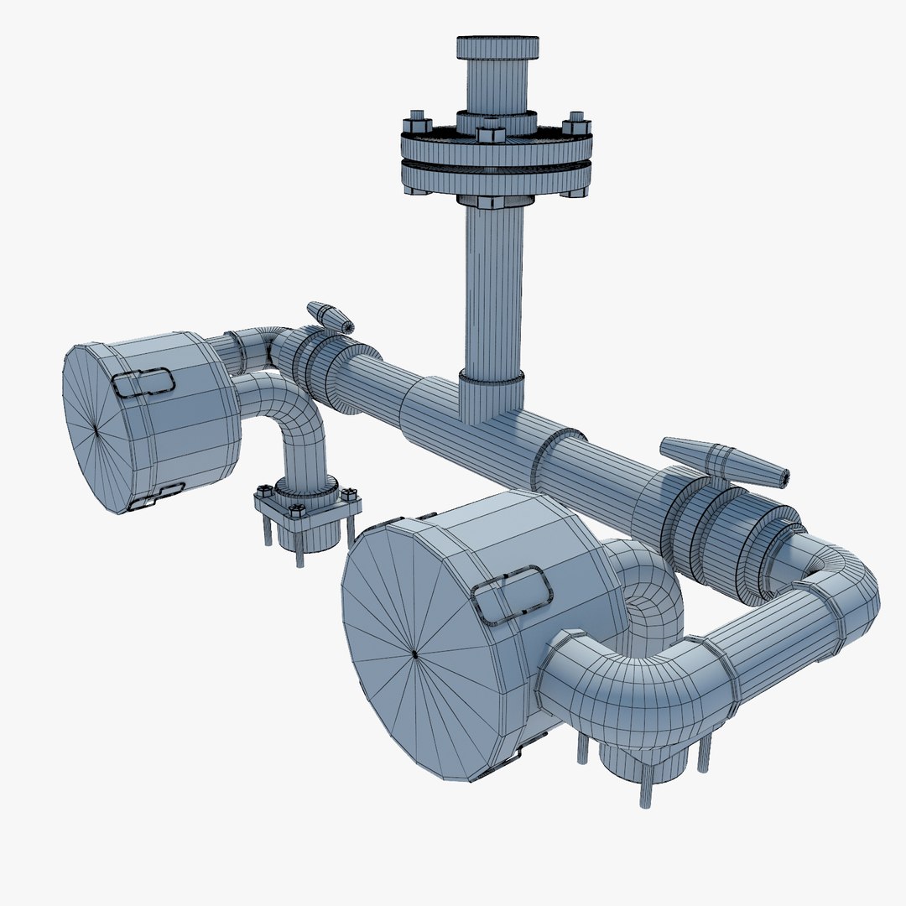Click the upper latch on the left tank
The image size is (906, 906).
pyautogui.click(x=143, y=383)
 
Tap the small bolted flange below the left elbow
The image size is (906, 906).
pyautogui.click(x=307, y=508)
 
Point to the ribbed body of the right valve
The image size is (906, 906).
pyautogui.click(x=713, y=537)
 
